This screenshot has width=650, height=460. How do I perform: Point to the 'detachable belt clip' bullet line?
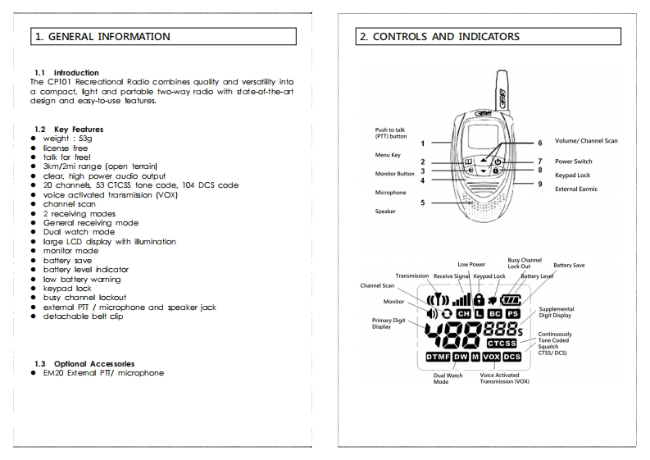coord(83,316)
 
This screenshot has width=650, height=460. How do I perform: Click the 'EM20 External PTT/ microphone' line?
coord(103,373)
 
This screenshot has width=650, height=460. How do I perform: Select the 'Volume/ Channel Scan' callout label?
coord(586,142)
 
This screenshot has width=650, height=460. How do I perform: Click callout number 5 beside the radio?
coord(423,203)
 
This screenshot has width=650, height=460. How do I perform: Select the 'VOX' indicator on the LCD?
coord(492,358)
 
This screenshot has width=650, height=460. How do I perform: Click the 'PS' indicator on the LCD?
coord(512,314)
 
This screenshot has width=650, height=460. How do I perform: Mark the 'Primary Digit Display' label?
coord(388,323)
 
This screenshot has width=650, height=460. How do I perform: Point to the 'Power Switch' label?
coord(574,162)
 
